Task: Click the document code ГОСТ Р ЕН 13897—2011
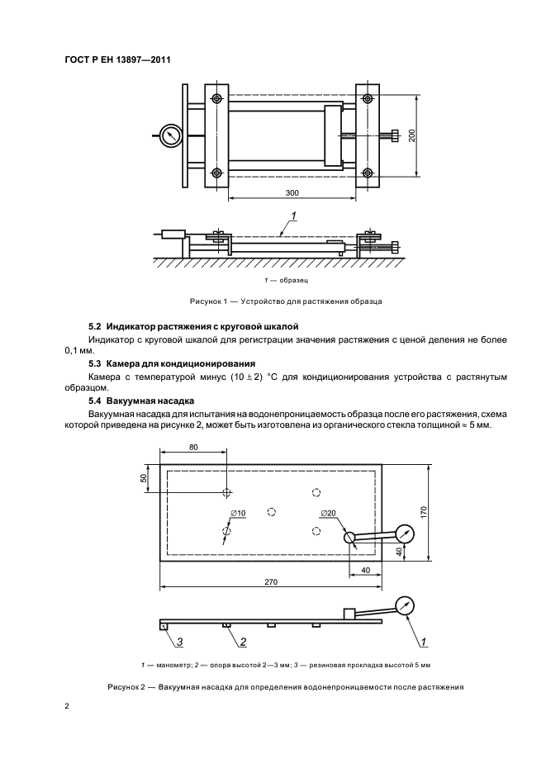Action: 117,59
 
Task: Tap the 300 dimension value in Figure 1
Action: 292,192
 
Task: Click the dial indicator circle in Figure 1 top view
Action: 171,136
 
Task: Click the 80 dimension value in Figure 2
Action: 193,447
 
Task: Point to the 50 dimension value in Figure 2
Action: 143,478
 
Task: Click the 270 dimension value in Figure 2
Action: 271,582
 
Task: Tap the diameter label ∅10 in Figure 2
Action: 238,514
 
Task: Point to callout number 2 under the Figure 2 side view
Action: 244,641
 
